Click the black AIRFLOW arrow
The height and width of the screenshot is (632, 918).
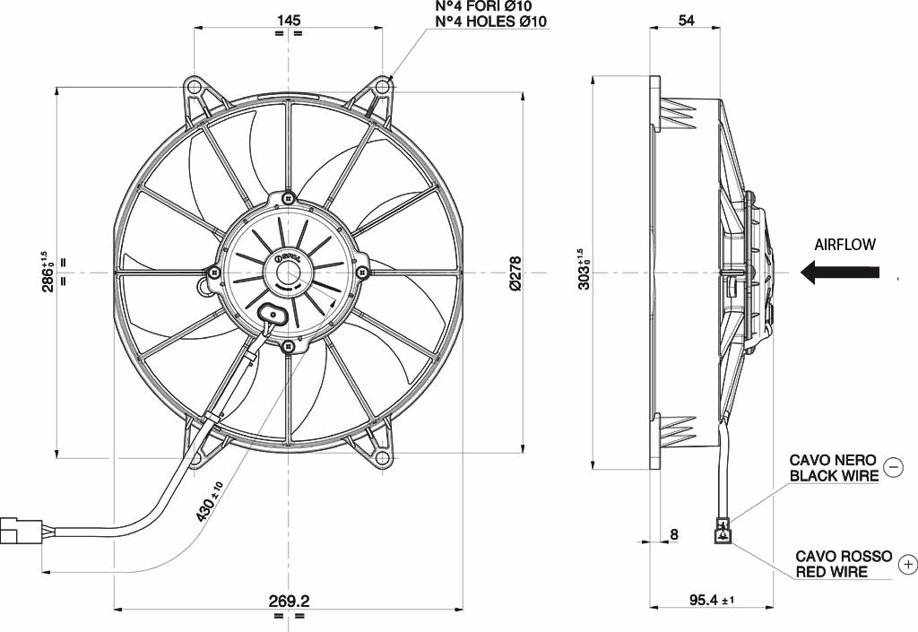pyautogui.click(x=839, y=273)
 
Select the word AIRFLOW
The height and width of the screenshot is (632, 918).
pyautogui.click(x=844, y=245)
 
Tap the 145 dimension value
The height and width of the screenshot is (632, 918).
pyautogui.click(x=289, y=20)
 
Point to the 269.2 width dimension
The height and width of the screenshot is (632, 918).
pyautogui.click(x=290, y=601)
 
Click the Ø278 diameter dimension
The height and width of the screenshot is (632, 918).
pyautogui.click(x=515, y=273)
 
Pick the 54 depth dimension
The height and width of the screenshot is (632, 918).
pyautogui.click(x=686, y=20)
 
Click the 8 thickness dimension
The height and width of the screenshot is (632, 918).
pyautogui.click(x=674, y=534)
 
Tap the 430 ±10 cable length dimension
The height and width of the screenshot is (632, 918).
pyautogui.click(x=210, y=501)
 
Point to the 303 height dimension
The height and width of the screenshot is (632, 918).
pyautogui.click(x=583, y=269)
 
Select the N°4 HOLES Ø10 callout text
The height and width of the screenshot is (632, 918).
pyautogui.click(x=491, y=22)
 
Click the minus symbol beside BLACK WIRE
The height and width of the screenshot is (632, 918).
pyautogui.click(x=894, y=467)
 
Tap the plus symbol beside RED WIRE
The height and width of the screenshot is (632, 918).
pyautogui.click(x=908, y=564)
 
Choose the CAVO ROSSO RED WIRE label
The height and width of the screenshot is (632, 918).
pyautogui.click(x=844, y=564)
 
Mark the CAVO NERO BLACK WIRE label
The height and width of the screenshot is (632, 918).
pyautogui.click(x=835, y=468)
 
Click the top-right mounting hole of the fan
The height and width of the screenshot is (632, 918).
pyautogui.click(x=383, y=88)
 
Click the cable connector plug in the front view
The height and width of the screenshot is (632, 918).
pyautogui.click(x=21, y=530)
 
